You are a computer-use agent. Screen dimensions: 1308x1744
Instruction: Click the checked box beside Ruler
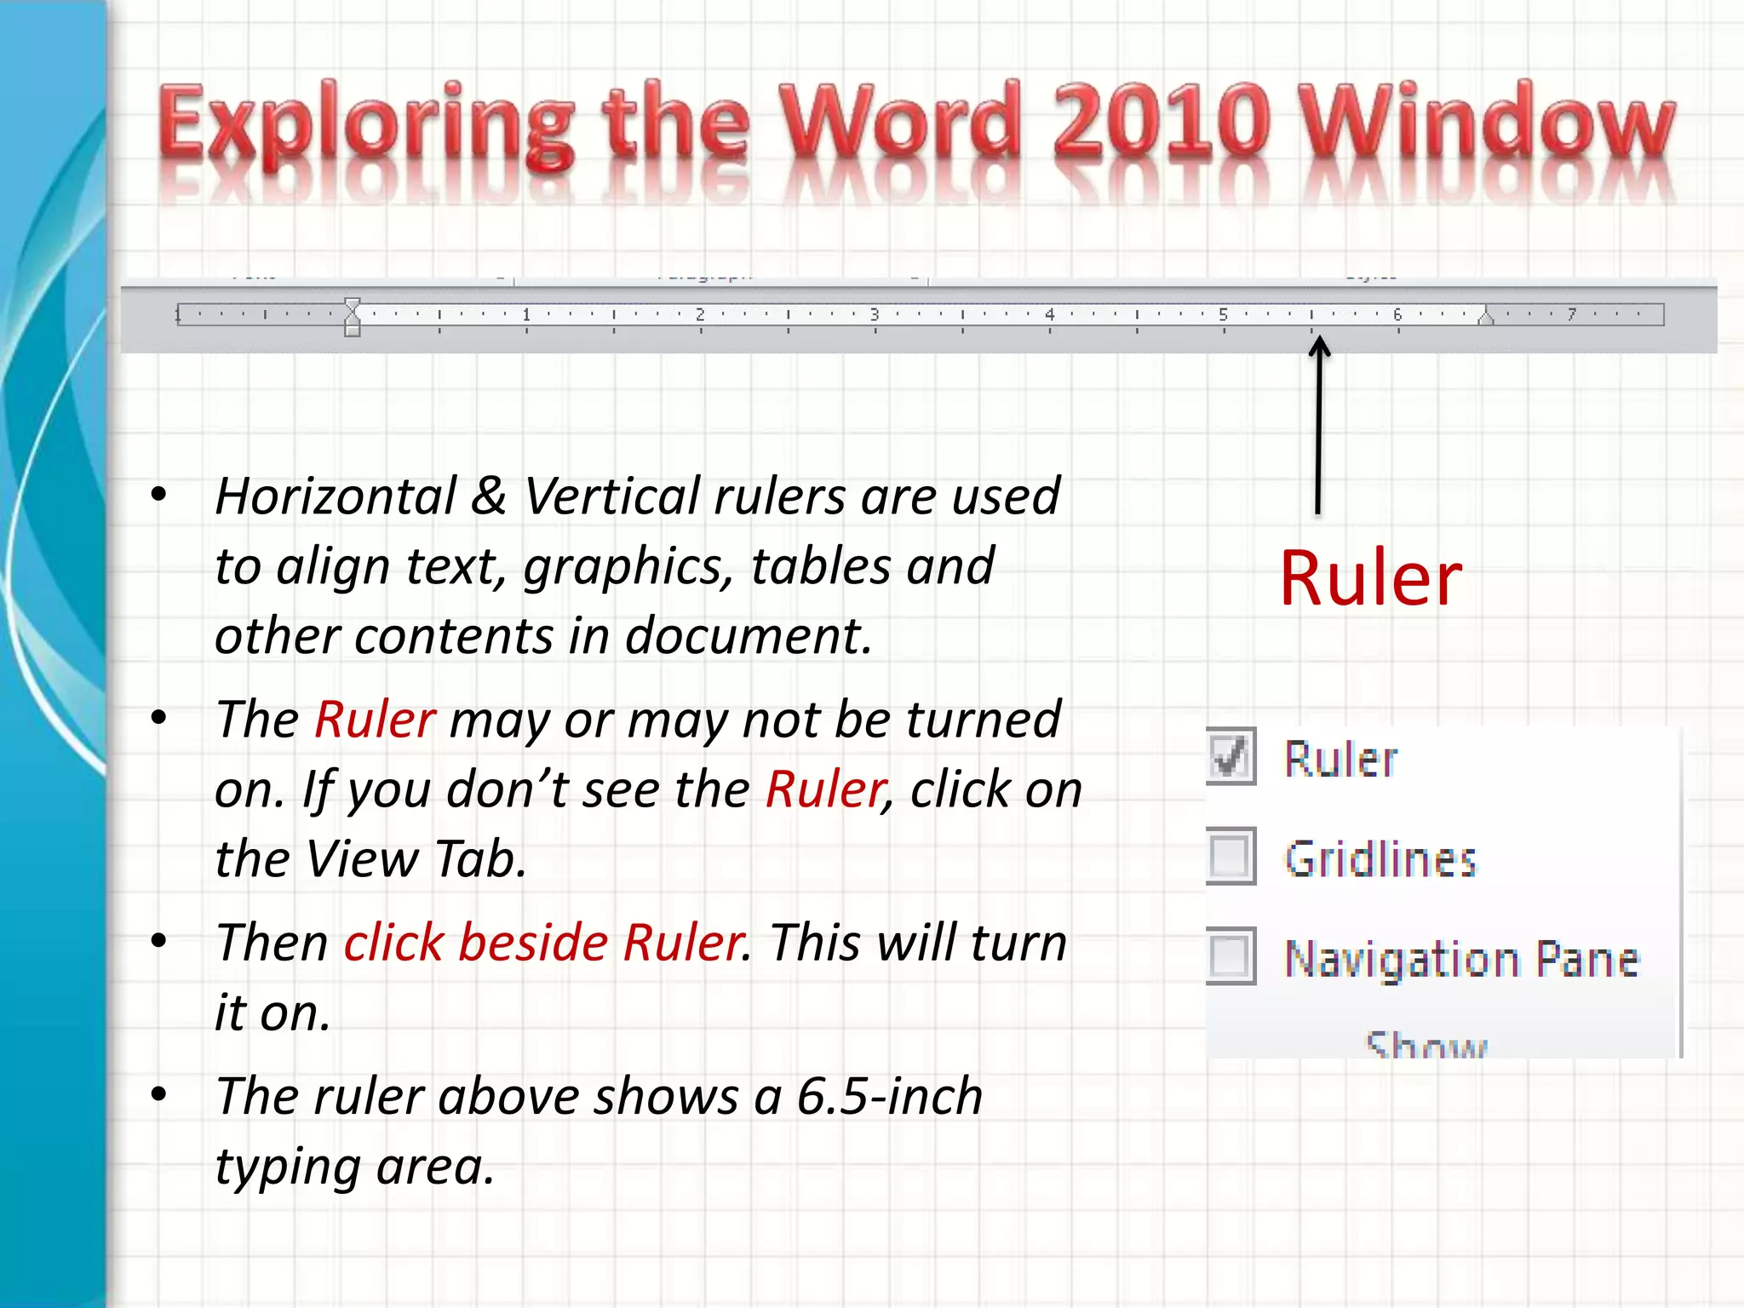[1231, 756]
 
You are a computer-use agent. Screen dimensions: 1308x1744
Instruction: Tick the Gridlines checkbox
[1231, 856]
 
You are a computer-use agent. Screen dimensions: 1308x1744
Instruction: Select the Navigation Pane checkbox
[1231, 955]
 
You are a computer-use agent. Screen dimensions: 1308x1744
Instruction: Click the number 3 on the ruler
[875, 314]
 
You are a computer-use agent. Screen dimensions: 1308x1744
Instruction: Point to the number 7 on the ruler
[1572, 314]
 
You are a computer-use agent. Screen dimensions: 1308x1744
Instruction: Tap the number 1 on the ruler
[526, 314]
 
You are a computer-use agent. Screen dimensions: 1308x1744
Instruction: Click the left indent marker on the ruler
[353, 317]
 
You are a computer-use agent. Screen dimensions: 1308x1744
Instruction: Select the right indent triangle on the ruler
[1486, 318]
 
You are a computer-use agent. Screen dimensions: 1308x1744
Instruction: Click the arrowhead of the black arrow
[1319, 346]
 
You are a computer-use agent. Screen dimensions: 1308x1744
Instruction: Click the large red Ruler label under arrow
[1370, 579]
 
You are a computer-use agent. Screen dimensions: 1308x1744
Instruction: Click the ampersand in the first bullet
[489, 496]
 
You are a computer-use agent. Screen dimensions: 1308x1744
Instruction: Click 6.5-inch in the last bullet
[890, 1096]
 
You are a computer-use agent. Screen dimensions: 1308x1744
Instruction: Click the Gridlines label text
[1380, 858]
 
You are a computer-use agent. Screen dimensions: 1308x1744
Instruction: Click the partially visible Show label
[1426, 1044]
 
